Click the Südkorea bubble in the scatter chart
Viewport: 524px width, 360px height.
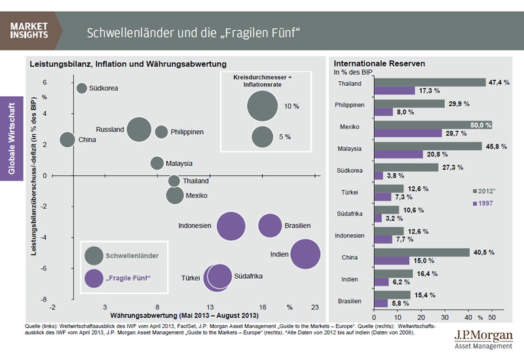tap(82, 88)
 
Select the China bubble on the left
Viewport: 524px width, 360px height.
tap(67, 139)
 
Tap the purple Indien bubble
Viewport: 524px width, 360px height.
tap(305, 255)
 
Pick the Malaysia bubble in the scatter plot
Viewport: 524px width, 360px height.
tap(157, 163)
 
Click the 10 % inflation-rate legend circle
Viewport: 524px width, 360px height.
tap(263, 106)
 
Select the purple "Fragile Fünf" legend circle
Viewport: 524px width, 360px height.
tap(94, 279)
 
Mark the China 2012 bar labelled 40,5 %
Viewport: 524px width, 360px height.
tap(421, 252)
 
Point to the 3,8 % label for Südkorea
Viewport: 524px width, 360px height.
tap(396, 175)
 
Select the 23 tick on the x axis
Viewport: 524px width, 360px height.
tap(315, 307)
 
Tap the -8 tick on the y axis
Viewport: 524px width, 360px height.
tap(45, 299)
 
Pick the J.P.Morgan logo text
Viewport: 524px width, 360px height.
tap(483, 334)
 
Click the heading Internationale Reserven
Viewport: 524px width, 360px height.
tap(379, 64)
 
